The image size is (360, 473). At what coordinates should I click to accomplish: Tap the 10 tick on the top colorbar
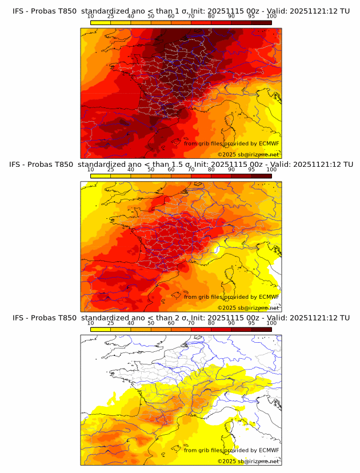91,17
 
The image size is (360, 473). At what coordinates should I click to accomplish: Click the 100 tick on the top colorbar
271,17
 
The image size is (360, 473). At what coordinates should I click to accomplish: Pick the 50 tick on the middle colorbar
151,170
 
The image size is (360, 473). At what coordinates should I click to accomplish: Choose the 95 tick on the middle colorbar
251,170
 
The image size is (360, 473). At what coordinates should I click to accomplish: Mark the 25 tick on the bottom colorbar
111,323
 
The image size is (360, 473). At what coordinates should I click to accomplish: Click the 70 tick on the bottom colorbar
191,323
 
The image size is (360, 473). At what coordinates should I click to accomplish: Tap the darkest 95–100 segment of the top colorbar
261,23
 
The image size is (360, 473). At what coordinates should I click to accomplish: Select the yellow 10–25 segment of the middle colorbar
101,176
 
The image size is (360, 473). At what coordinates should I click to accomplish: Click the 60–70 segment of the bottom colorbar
181,330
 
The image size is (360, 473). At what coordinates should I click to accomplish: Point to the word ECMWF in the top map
269,143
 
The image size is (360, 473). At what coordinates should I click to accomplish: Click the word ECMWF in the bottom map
269,450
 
